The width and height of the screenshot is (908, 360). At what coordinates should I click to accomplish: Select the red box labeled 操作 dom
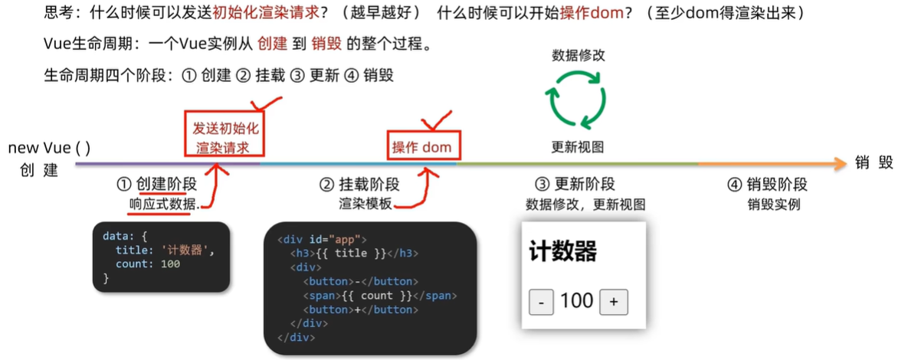click(x=422, y=147)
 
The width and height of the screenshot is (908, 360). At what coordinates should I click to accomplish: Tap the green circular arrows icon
click(x=576, y=97)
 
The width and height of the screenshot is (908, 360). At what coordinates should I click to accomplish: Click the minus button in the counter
click(x=541, y=303)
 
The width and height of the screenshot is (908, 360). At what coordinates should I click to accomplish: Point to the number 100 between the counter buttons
click(x=577, y=301)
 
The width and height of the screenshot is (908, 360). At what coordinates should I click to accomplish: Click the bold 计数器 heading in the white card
click(x=563, y=251)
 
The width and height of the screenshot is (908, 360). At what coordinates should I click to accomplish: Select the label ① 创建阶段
click(x=156, y=185)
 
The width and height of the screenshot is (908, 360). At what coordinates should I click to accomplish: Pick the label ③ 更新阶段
click(x=575, y=185)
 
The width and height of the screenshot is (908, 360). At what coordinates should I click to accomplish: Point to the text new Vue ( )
click(x=50, y=148)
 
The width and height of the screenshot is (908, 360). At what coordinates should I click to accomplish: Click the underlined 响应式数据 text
click(x=164, y=205)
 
